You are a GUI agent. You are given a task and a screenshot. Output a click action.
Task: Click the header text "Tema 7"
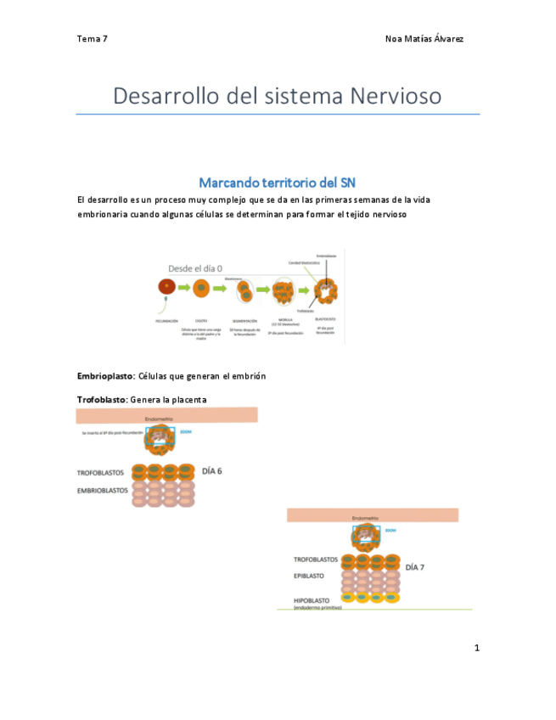point(92,39)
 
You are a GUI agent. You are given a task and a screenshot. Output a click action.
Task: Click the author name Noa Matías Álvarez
point(424,39)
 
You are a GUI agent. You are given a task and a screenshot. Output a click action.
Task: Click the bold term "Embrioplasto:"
point(105,376)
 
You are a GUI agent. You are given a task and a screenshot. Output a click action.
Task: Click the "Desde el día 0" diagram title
point(195,267)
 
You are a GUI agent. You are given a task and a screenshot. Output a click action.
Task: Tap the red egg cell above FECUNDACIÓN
point(167,289)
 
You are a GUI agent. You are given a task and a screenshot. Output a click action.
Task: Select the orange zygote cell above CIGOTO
point(201,289)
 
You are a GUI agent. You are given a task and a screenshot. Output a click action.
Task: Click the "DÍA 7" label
point(415,567)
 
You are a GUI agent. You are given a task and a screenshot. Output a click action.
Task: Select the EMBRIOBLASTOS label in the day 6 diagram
point(101,490)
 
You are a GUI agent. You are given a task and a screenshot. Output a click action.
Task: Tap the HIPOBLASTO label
point(314,600)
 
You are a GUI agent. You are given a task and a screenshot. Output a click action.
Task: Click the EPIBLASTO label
point(309,575)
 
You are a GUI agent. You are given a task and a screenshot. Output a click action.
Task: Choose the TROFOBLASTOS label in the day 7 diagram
point(316,560)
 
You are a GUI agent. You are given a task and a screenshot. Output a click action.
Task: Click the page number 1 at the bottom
point(477,649)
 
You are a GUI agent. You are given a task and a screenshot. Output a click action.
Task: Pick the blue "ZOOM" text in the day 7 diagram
point(390,530)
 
